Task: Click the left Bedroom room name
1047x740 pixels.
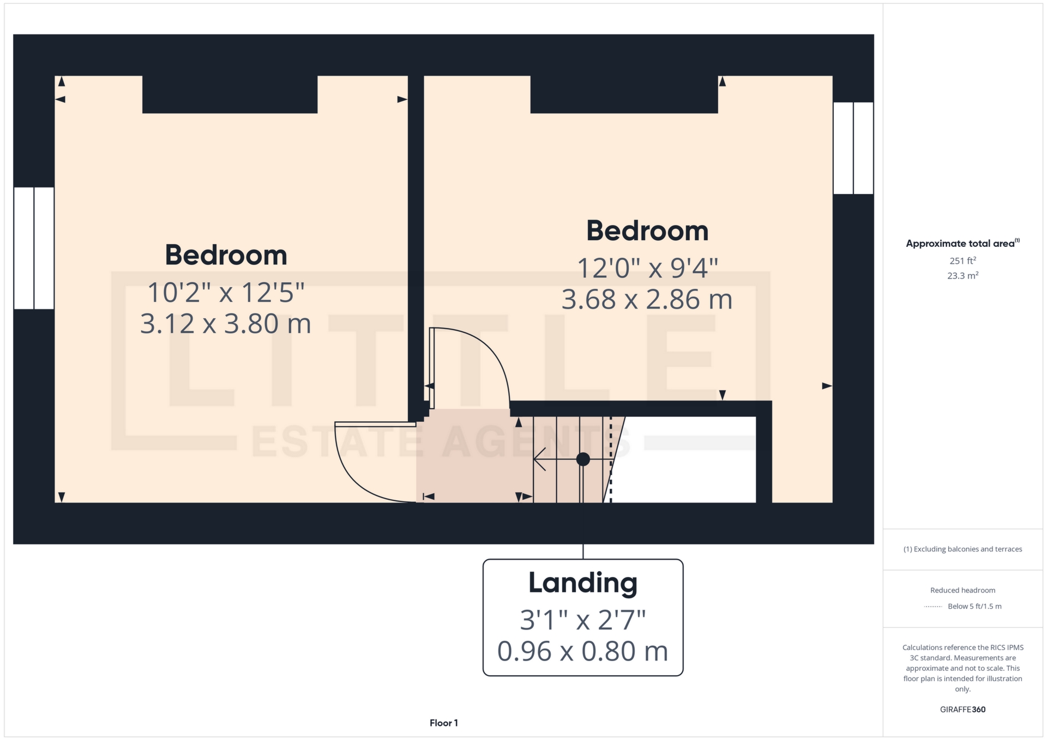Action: pos(226,255)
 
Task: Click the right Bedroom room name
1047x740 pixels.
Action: pos(647,231)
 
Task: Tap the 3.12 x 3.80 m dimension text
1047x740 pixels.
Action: pos(226,324)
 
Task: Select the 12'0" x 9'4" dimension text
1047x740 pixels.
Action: pos(647,268)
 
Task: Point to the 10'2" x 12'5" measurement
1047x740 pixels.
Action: pos(226,293)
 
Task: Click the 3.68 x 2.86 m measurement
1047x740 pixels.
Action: pos(647,299)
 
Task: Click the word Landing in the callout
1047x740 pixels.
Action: pos(583,583)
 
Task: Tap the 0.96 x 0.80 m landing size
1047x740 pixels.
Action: pos(583,651)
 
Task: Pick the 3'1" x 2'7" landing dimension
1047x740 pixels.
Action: pos(583,620)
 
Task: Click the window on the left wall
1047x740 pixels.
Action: pos(34,248)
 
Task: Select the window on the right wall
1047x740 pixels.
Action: pos(853,148)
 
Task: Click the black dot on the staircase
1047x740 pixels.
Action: pos(583,459)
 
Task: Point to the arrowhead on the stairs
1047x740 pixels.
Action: pos(540,459)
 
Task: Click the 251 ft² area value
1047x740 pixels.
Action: pos(962,260)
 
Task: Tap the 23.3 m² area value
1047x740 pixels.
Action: pos(962,275)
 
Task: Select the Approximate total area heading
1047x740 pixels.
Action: pos(962,243)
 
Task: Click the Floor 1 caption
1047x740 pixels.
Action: pos(444,723)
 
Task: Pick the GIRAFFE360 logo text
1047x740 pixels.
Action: pos(962,709)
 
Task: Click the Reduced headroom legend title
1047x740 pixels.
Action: pos(962,590)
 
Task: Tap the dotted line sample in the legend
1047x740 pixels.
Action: pos(933,606)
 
